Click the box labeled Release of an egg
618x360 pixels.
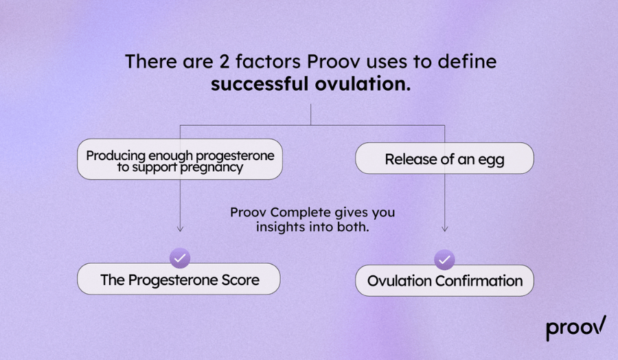tap(444, 159)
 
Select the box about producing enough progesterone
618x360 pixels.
tap(180, 160)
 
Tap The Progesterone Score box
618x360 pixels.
tap(179, 280)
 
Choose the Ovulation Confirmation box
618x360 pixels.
tap(444, 280)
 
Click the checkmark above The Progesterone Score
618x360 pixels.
tap(180, 258)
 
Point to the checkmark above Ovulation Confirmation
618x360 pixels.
tap(444, 259)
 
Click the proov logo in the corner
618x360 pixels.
tap(575, 328)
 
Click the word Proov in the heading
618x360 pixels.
tap(329, 61)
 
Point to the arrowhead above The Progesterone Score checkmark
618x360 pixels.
tap(180, 229)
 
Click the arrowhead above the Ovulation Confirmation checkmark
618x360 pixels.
tap(444, 229)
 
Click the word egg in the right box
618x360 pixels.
tap(491, 159)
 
